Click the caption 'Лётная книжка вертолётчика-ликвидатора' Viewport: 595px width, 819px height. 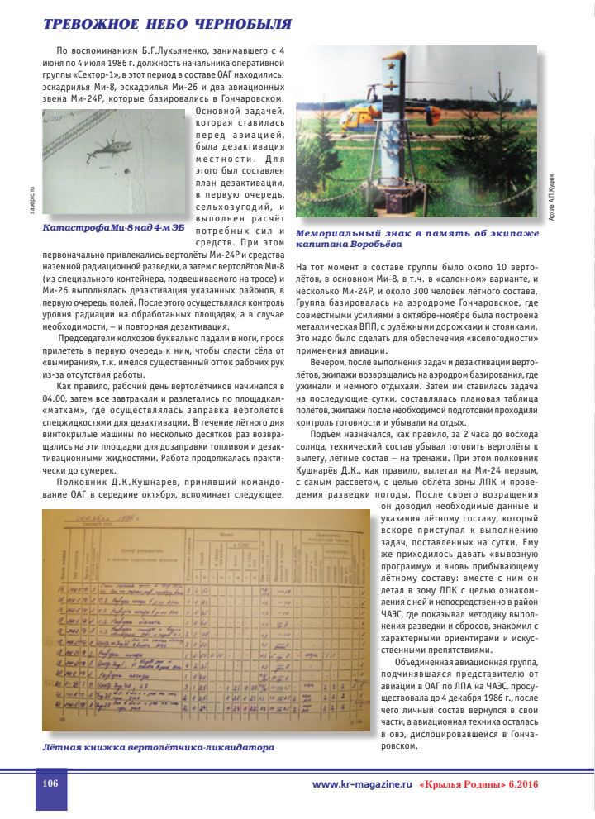(x=158, y=747)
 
